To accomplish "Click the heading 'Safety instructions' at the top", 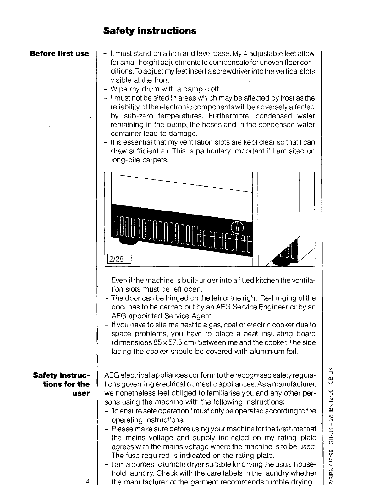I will tap(150, 31).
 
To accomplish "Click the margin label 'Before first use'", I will tap(59, 53).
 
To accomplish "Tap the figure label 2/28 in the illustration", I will tap(116, 259).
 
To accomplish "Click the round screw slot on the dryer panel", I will tap(237, 227).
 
